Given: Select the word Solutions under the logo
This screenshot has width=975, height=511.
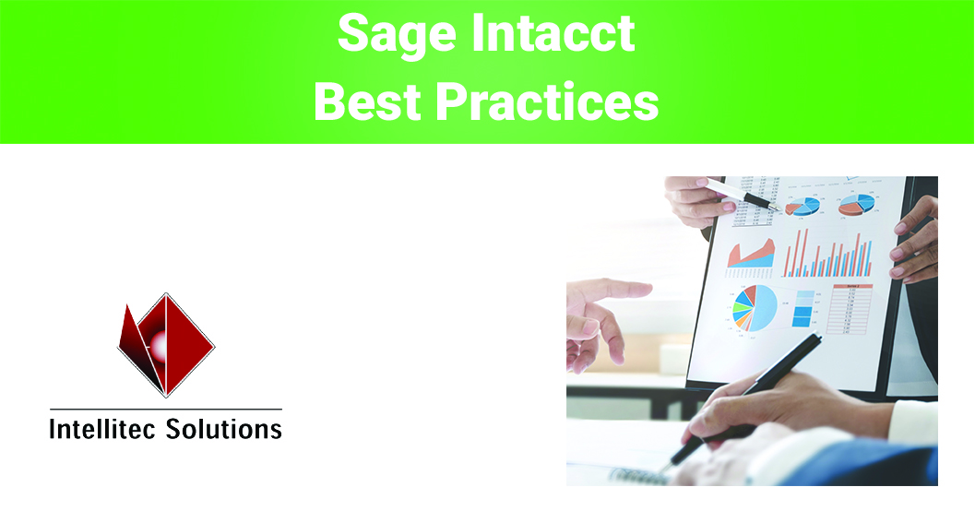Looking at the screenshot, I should click(223, 429).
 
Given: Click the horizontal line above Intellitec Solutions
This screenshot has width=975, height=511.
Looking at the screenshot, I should click(166, 409).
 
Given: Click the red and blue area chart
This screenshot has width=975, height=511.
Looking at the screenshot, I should click(751, 253).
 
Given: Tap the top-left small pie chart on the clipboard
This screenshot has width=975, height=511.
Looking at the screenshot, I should click(803, 206).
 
